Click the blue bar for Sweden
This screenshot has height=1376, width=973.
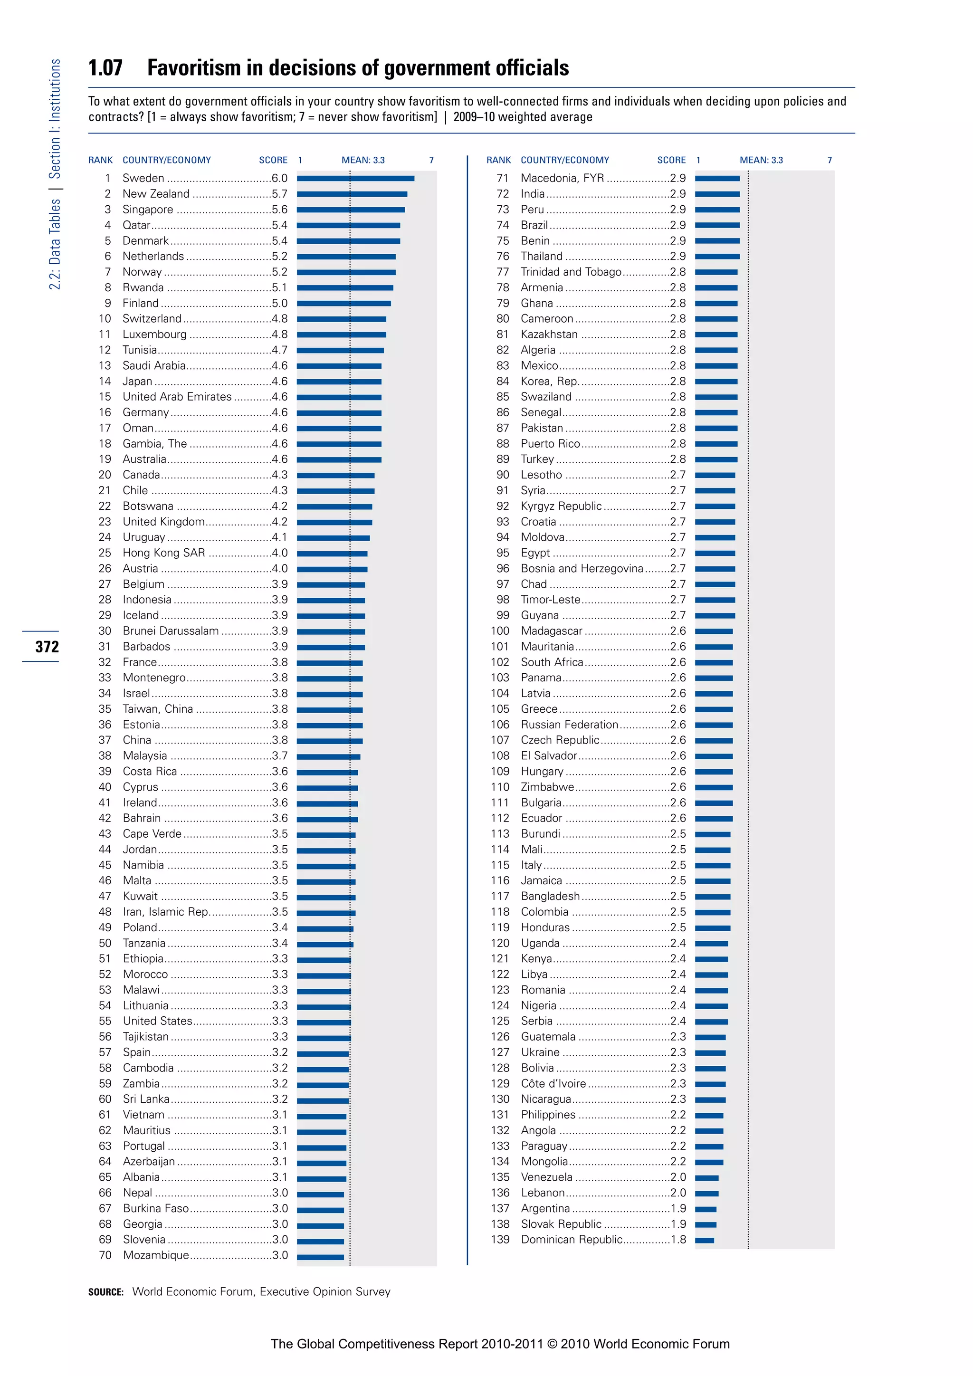(355, 179)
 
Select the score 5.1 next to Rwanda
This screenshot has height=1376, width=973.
(279, 287)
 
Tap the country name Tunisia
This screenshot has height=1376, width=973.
(140, 350)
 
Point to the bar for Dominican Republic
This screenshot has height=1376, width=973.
(705, 1241)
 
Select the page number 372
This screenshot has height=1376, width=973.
(47, 647)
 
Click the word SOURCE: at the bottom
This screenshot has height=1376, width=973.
(105, 1292)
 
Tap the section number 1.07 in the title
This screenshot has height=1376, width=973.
(105, 68)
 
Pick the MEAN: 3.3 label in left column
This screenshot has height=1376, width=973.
(363, 160)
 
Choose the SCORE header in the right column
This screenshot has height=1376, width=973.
(671, 160)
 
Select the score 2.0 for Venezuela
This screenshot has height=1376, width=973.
(678, 1178)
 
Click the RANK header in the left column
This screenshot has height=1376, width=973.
(100, 160)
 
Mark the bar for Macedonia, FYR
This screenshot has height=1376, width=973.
(717, 179)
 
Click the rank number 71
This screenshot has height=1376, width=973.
(502, 179)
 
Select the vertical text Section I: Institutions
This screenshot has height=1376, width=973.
(55, 119)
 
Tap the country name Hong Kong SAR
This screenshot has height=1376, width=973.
(163, 553)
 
